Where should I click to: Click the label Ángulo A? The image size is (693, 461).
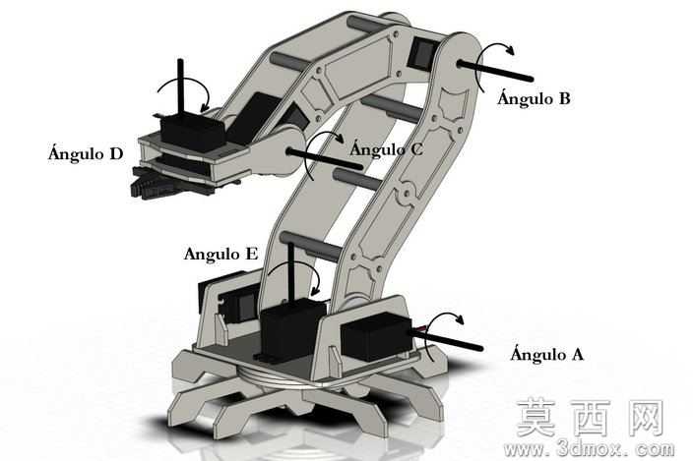[546, 353]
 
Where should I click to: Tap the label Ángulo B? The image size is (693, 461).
[534, 97]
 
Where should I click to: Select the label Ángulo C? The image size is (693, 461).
[386, 148]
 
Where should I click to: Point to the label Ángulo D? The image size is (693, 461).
[86, 153]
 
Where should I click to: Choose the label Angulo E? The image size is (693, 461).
[220, 254]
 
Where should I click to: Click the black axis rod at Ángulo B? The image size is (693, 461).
[495, 71]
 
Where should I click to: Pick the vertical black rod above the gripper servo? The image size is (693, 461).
[180, 86]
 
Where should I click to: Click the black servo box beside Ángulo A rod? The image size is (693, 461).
[376, 337]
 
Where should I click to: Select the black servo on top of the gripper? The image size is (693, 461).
[193, 129]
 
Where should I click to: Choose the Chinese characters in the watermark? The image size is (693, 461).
[591, 418]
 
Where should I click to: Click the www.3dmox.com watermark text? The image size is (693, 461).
[589, 449]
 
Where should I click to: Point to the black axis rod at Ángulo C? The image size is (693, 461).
[325, 159]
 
